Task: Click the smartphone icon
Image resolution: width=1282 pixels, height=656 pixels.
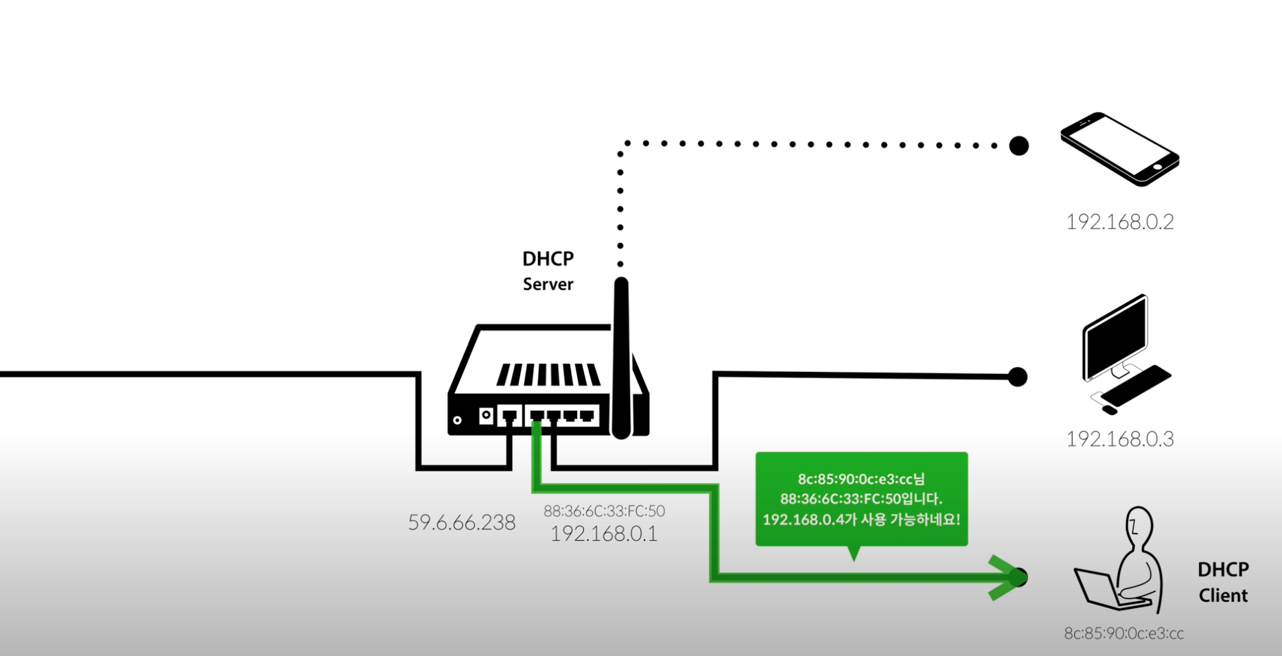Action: [x=1119, y=148]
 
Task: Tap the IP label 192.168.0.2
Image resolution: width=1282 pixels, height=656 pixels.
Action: [x=1119, y=222]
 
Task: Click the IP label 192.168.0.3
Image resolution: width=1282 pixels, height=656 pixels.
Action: [x=1119, y=438]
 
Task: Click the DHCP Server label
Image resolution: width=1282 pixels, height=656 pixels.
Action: [x=548, y=271]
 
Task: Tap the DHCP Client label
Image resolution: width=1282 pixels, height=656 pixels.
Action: [x=1223, y=583]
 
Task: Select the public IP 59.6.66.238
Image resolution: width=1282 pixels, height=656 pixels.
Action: [x=462, y=523]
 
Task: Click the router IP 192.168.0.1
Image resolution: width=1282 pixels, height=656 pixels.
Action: [x=604, y=533]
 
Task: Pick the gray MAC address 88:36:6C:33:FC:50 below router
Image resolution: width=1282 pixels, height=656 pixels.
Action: [x=604, y=511]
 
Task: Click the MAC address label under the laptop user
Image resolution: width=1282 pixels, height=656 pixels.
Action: [x=1123, y=633]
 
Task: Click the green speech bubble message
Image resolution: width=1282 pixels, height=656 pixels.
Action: [x=861, y=499]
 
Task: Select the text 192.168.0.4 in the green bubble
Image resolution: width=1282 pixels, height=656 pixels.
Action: [x=802, y=519]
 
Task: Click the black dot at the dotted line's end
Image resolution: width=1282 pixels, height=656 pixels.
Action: [x=1019, y=145]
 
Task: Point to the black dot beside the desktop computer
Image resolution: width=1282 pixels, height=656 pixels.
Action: [x=1018, y=377]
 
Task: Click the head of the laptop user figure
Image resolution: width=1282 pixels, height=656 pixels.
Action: [x=1139, y=525]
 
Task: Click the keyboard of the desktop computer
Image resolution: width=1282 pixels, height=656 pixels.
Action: [x=1136, y=384]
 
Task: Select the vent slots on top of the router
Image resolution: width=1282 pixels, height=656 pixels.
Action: [x=548, y=375]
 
